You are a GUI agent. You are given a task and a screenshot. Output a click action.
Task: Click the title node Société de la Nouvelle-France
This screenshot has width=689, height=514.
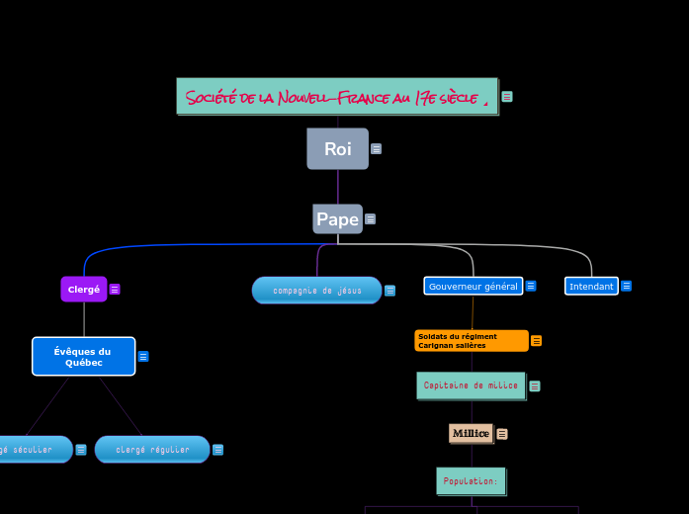[337, 97]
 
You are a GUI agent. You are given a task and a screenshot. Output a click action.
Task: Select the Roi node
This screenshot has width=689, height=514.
[337, 149]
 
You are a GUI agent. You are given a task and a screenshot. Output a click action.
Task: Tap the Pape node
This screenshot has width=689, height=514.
[337, 219]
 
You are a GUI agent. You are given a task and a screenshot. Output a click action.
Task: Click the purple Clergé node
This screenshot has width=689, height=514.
[84, 290]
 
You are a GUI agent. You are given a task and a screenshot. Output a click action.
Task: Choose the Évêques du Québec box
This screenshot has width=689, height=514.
[83, 357]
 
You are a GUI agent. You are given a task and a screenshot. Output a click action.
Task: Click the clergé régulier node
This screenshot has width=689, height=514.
[152, 450]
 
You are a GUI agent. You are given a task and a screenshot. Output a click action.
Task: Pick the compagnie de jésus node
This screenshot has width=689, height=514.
[316, 291]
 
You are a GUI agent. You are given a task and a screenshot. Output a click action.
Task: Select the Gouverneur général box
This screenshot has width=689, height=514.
[473, 286]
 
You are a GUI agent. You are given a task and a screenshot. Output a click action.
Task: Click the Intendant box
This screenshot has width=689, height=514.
[591, 286]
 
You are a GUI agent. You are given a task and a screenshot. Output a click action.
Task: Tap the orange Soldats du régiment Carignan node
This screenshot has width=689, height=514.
[472, 341]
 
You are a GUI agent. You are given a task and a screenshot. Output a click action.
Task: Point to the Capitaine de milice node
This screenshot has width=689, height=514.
[471, 385]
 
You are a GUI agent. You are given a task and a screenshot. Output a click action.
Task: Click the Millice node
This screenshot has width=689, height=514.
[471, 433]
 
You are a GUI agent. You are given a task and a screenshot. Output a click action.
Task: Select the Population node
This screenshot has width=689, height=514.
[471, 481]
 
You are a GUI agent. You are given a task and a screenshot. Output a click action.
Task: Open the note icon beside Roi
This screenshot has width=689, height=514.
[377, 149]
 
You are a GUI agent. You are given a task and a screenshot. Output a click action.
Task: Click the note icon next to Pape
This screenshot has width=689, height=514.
[370, 219]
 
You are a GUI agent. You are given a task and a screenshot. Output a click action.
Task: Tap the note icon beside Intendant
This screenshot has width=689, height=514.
[627, 286]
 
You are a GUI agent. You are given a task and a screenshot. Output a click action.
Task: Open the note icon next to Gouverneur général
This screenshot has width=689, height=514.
[531, 286]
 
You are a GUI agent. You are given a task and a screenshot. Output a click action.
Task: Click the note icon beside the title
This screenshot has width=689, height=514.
[507, 97]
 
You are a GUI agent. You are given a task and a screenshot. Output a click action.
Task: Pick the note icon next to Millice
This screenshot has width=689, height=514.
[502, 434]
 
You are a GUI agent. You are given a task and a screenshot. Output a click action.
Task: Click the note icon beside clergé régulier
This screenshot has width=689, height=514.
[217, 450]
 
